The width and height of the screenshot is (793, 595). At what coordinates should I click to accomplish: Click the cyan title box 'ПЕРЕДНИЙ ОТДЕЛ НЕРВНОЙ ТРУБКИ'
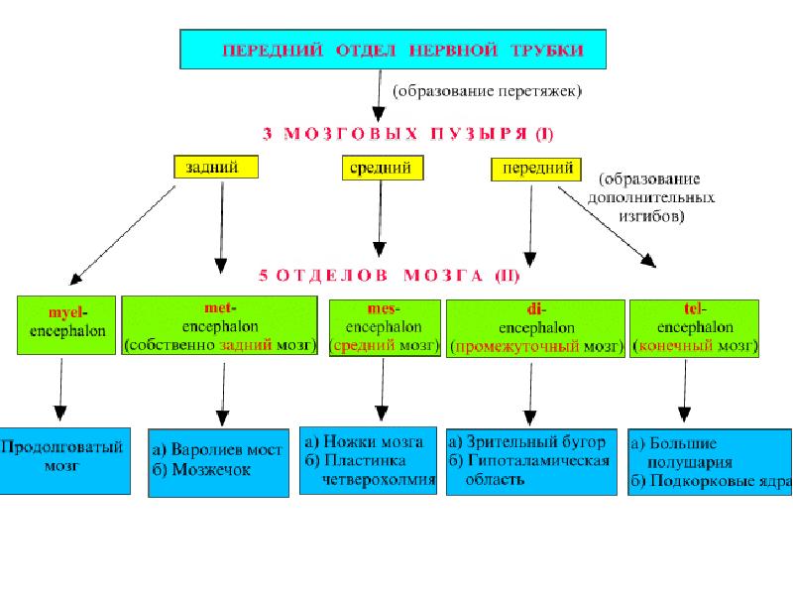pyautogui.click(x=393, y=49)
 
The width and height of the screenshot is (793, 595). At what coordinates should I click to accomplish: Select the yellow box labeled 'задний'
pyautogui.click(x=216, y=167)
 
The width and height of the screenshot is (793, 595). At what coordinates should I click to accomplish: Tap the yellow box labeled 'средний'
pyautogui.click(x=383, y=168)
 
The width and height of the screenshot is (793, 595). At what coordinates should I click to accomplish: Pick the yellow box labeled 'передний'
pyautogui.click(x=536, y=169)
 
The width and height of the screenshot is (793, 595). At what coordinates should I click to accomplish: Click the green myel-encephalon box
pyautogui.click(x=66, y=325)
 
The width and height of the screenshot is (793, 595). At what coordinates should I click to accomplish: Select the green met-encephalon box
pyautogui.click(x=219, y=326)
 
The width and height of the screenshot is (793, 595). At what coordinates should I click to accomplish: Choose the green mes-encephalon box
pyautogui.click(x=385, y=328)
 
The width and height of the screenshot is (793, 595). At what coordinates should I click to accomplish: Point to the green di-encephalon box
pyautogui.click(x=535, y=329)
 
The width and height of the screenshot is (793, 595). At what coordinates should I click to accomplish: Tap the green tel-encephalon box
pyautogui.click(x=695, y=329)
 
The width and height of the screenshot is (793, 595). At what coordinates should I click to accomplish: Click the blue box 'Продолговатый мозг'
pyautogui.click(x=64, y=461)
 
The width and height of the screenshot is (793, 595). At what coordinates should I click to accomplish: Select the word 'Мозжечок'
pyautogui.click(x=211, y=470)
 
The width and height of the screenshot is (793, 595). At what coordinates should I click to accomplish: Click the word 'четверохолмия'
pyautogui.click(x=379, y=480)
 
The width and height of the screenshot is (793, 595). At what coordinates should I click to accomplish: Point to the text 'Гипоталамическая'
pyautogui.click(x=538, y=461)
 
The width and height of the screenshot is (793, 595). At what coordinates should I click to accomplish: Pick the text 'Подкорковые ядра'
pyautogui.click(x=722, y=481)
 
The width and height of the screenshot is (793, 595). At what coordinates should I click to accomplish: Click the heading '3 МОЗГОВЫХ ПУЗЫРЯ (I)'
pyautogui.click(x=407, y=134)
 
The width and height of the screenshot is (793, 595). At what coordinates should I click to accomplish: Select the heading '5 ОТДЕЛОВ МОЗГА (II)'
pyautogui.click(x=389, y=276)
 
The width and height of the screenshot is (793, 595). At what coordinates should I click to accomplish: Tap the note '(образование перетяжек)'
pyautogui.click(x=487, y=91)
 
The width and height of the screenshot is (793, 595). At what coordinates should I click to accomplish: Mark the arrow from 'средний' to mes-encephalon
pyautogui.click(x=380, y=218)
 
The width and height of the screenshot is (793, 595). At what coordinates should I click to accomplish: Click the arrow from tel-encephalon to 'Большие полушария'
pyautogui.click(x=685, y=390)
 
